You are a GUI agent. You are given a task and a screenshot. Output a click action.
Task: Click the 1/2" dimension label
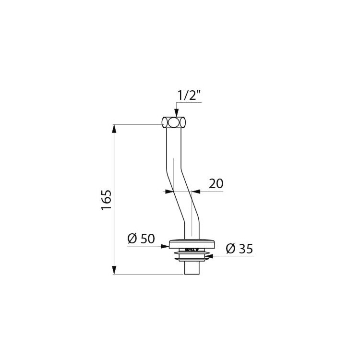pos(189,95)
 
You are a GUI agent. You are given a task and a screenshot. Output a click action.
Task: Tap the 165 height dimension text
pos(107,199)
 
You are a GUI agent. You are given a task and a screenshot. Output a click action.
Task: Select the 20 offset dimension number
pos(216,183)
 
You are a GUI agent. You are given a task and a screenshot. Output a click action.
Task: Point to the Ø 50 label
pos(141,239)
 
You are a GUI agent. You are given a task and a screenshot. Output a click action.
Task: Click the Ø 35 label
pos(239,249)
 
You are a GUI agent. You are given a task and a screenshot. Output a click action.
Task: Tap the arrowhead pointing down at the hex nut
pos(176,112)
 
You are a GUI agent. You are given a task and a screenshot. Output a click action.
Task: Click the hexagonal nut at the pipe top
pos(174,122)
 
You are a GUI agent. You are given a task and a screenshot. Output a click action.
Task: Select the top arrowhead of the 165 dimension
pos(114,129)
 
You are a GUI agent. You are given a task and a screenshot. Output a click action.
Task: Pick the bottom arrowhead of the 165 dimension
pos(114,270)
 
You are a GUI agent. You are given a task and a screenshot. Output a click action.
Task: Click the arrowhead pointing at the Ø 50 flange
pos(165,246)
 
